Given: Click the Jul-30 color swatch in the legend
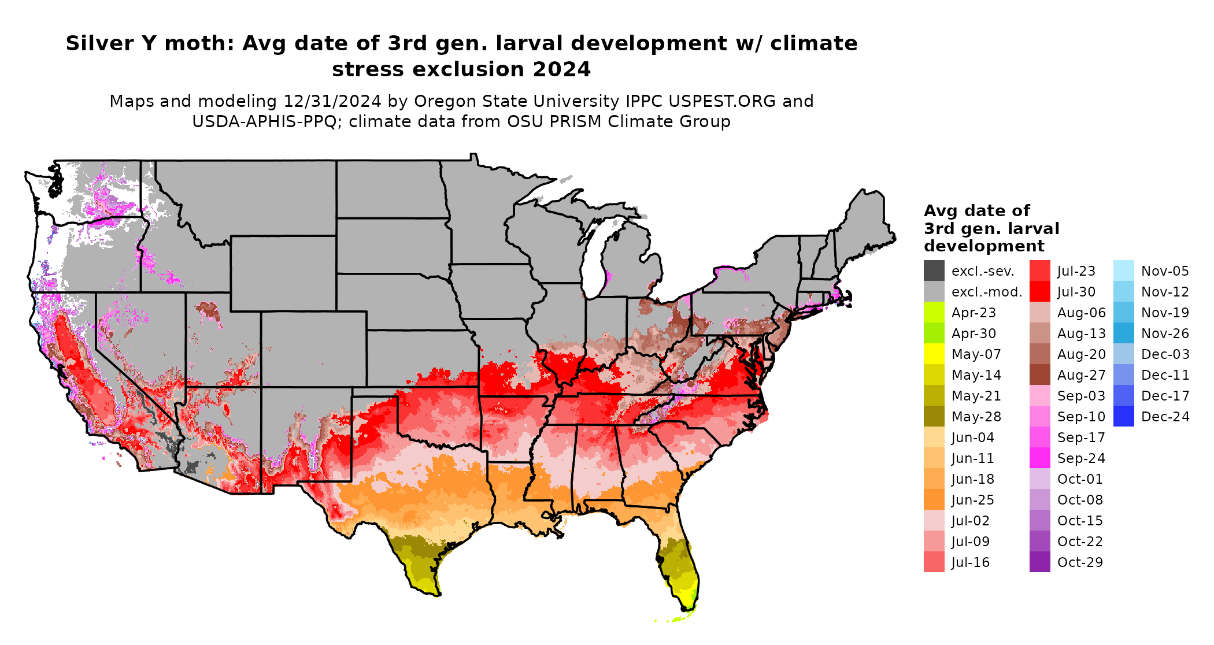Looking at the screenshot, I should coord(1039,292).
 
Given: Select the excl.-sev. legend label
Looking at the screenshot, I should coord(983,271).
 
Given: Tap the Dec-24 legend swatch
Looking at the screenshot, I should coord(1123,417).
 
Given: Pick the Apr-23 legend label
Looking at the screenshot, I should coord(974,313).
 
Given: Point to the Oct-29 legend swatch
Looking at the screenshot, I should coord(1039,562).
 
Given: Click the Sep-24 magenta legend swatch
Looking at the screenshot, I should coord(1039,458).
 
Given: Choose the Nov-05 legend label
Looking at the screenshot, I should coord(1165,271).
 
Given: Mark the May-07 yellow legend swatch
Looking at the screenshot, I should coord(934,354).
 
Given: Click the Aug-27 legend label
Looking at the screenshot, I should coord(1081,375).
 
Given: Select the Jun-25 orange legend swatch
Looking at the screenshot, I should coord(934,500).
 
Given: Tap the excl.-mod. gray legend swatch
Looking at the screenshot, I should coord(934,292).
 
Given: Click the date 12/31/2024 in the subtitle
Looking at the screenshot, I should coord(332,102).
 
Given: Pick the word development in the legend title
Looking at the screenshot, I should coord(984,246).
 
